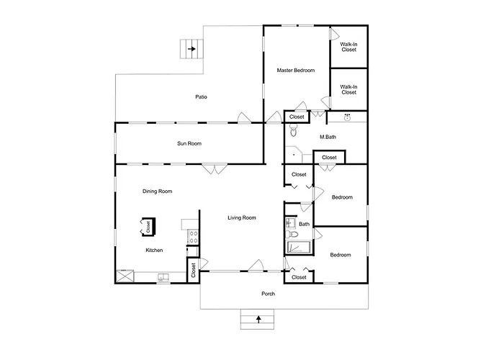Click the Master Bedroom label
pos(296,70)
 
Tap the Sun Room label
pos(189,143)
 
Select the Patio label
pos(201,96)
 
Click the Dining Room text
pos(157,192)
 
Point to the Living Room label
pos(242,217)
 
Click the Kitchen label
pos(154,250)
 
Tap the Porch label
pos(268,294)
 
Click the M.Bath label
pos(328,137)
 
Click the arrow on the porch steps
pos(258,319)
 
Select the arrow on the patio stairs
pos(192,49)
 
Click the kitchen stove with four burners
pos(194,237)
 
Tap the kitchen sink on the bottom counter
pos(164,277)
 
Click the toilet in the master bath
pos(293,130)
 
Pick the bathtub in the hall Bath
pos(299,247)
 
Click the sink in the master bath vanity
pos(347,117)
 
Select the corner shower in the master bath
pos(293,155)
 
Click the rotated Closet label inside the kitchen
pos(148,227)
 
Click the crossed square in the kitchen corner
pos(125,276)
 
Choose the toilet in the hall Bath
pos(292,234)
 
